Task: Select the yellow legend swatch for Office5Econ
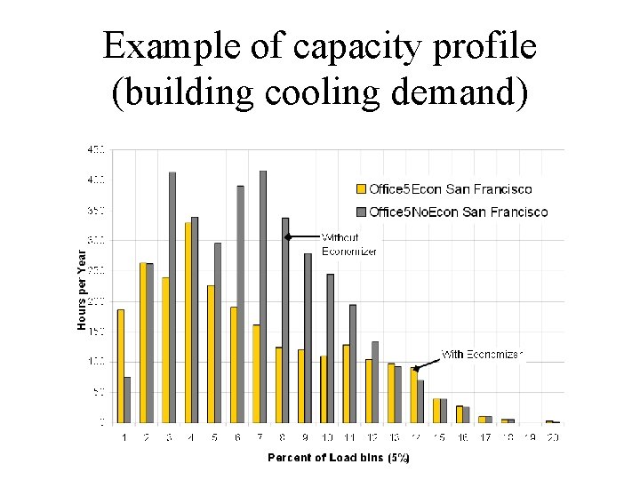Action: coord(361,189)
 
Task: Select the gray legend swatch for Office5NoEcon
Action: coord(361,212)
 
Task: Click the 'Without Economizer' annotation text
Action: coord(348,244)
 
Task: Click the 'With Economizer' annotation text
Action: coord(483,354)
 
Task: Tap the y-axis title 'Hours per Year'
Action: coord(82,290)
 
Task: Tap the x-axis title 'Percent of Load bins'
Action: coord(338,458)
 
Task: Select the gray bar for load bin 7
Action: coord(263,297)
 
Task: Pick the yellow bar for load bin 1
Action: coord(120,365)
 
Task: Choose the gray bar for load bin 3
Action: coord(172,298)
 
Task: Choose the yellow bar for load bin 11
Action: coord(347,383)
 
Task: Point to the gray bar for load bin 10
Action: coord(331,348)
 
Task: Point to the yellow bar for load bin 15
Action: coord(436,411)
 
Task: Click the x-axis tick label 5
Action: coord(214,437)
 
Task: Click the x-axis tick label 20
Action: coord(553,437)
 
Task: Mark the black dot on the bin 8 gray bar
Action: coord(286,236)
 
